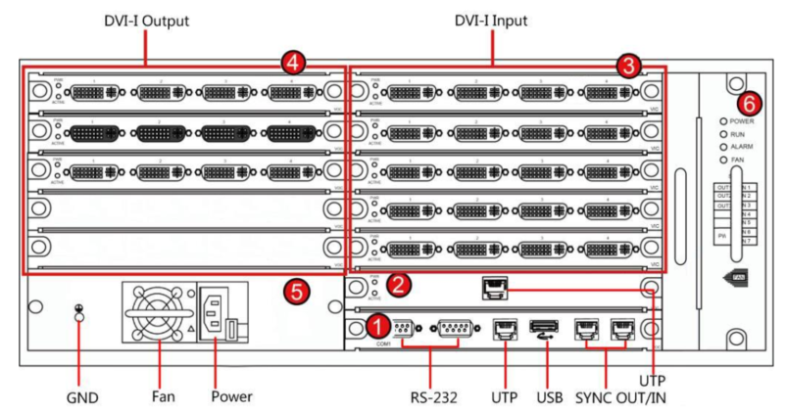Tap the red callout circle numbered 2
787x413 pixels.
[399, 285]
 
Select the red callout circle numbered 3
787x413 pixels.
[629, 65]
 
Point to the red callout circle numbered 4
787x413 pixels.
[292, 63]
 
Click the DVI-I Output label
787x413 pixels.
[146, 21]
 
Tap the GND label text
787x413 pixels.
[82, 396]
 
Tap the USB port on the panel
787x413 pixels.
[542, 325]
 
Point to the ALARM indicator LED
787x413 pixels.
[724, 146]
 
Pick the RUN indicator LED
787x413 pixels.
[724, 133]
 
